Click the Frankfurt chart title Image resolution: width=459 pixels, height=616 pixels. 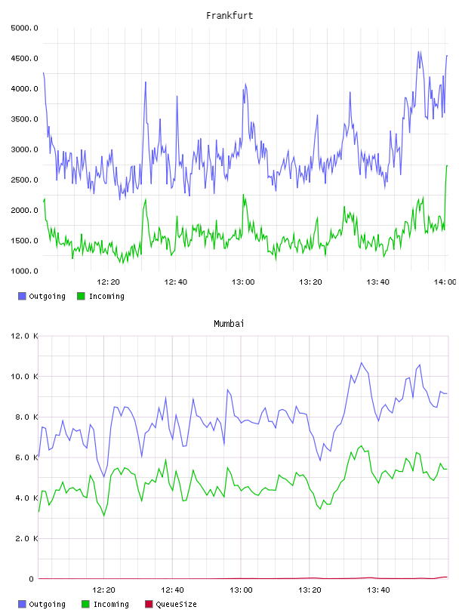click(229, 15)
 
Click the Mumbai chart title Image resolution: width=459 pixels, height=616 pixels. click(229, 323)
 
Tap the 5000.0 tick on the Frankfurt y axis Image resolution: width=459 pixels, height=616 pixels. click(24, 28)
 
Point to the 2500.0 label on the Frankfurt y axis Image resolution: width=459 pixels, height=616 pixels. click(24, 180)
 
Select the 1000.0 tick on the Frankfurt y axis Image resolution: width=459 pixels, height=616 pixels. click(24, 271)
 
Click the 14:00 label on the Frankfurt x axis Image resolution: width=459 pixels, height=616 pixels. click(445, 282)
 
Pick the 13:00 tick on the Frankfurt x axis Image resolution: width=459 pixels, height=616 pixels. click(243, 282)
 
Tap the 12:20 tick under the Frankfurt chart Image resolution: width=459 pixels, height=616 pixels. click(108, 282)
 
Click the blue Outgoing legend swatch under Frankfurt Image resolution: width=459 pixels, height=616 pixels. click(22, 296)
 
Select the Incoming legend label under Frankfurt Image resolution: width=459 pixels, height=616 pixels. click(106, 296)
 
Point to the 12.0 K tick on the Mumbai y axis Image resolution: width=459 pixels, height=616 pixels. click(24, 336)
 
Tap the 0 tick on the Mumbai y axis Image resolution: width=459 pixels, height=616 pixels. click(31, 579)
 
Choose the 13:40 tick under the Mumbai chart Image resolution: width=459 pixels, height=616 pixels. click(378, 590)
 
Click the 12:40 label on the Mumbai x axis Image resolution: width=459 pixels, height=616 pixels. click(172, 590)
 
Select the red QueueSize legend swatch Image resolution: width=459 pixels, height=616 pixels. click(149, 604)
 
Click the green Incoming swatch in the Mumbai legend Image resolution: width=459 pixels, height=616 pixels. click(85, 604)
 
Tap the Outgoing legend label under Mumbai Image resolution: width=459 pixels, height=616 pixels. click(47, 604)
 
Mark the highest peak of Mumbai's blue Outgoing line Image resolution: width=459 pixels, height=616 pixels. click(362, 362)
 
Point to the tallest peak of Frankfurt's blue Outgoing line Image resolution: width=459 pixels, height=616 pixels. click(419, 51)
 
